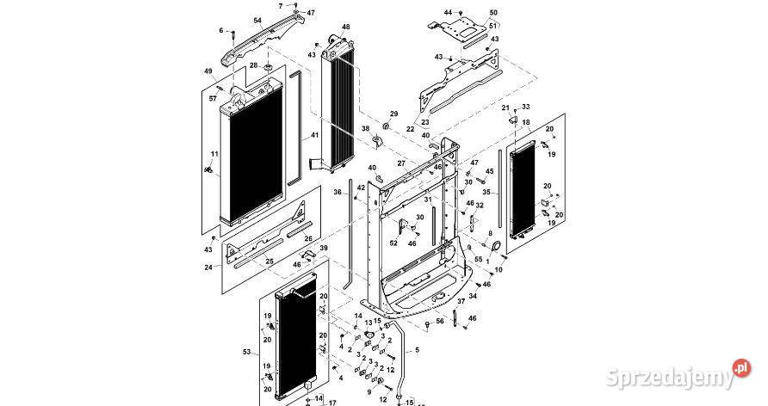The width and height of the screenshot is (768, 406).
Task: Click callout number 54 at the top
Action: coord(257,20)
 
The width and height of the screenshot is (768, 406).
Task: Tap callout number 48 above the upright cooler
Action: coord(345,28)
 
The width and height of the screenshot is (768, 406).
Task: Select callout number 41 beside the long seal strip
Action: coord(315,136)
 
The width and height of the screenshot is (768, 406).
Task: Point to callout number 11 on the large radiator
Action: coord(214,154)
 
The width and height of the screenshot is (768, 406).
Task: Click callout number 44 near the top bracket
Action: coord(448,12)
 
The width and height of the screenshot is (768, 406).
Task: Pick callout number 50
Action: coord(493,12)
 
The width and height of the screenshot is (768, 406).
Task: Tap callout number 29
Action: coord(394,114)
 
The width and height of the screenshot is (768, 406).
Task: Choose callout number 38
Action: coord(365,129)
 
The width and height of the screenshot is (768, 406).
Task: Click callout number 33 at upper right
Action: coord(526,107)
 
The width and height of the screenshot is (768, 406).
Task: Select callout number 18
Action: coord(526,124)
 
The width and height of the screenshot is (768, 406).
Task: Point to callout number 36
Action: coord(338,192)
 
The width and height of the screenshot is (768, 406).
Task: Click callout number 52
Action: coord(393,243)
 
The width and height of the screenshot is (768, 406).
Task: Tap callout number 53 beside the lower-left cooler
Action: coord(248,352)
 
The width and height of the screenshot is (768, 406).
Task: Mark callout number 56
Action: coord(439,321)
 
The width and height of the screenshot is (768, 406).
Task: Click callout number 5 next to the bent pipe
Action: coord(418,351)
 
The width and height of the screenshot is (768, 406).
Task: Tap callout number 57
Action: coord(213,99)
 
